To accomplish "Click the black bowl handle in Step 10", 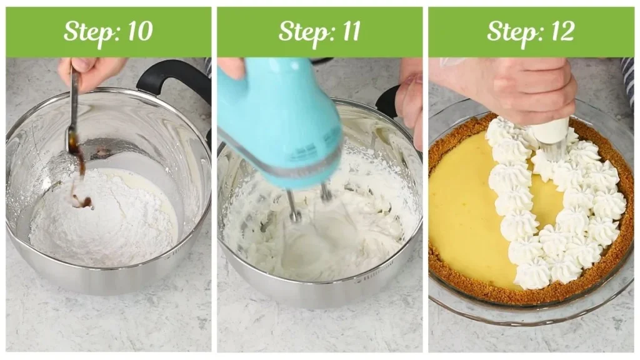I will [175, 78].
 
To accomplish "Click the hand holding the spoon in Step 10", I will [91, 70].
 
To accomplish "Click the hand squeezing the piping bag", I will [519, 87].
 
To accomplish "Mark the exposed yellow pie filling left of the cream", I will [459, 206].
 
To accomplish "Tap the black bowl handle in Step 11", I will [387, 100].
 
